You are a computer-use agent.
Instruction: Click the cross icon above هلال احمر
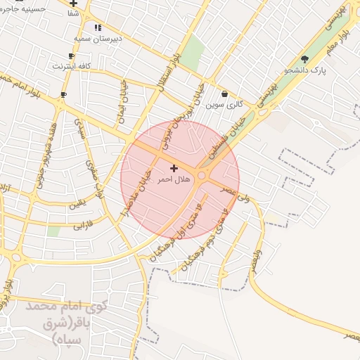coord(174,168)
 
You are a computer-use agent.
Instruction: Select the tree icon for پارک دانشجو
coord(304,59)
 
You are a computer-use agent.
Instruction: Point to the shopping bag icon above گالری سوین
coord(224,94)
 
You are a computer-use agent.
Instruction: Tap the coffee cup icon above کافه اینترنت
coord(71,56)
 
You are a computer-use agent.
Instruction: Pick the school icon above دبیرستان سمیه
coord(98,27)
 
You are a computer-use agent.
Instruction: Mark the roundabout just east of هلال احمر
coord(202,175)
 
